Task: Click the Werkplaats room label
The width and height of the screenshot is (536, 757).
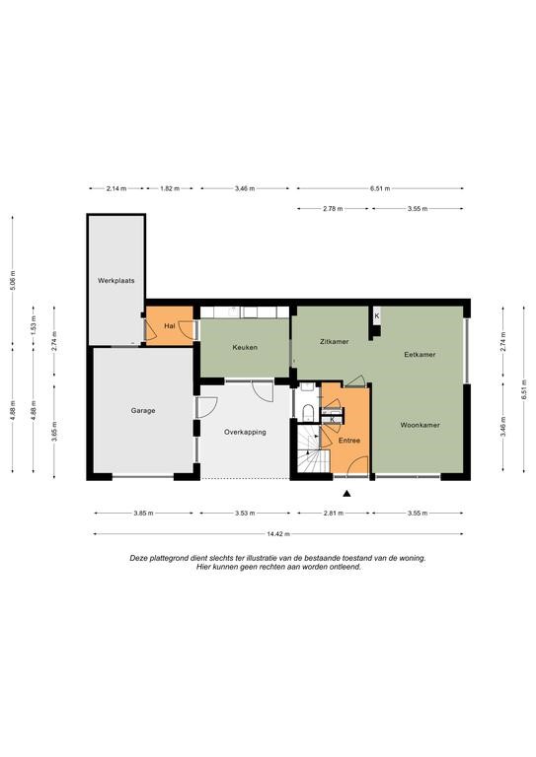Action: [116, 281]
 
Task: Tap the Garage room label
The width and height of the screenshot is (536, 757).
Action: [143, 411]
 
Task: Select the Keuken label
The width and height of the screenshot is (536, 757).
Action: [245, 347]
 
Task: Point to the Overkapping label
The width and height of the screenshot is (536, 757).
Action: [245, 432]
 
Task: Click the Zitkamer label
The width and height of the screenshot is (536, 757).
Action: [334, 342]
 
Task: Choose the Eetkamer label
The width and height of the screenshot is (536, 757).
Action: [420, 355]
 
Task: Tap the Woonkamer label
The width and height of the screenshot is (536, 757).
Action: [420, 426]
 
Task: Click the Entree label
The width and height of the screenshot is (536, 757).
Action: [349, 441]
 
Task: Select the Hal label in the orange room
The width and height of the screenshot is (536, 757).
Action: [169, 326]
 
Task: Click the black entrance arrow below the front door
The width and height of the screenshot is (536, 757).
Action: [346, 494]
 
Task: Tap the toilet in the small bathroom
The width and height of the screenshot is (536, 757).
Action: [308, 412]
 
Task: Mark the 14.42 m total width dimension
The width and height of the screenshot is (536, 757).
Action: [278, 534]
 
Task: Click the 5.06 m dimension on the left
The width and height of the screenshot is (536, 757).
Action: [13, 280]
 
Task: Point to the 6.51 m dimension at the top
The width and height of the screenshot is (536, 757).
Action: [380, 189]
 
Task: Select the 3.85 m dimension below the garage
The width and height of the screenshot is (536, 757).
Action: [143, 514]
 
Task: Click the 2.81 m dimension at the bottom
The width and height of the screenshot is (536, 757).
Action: [334, 514]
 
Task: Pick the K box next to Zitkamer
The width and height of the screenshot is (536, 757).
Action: [376, 316]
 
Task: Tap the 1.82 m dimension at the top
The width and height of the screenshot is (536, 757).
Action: [170, 189]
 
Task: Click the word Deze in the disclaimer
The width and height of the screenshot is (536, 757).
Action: [138, 558]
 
